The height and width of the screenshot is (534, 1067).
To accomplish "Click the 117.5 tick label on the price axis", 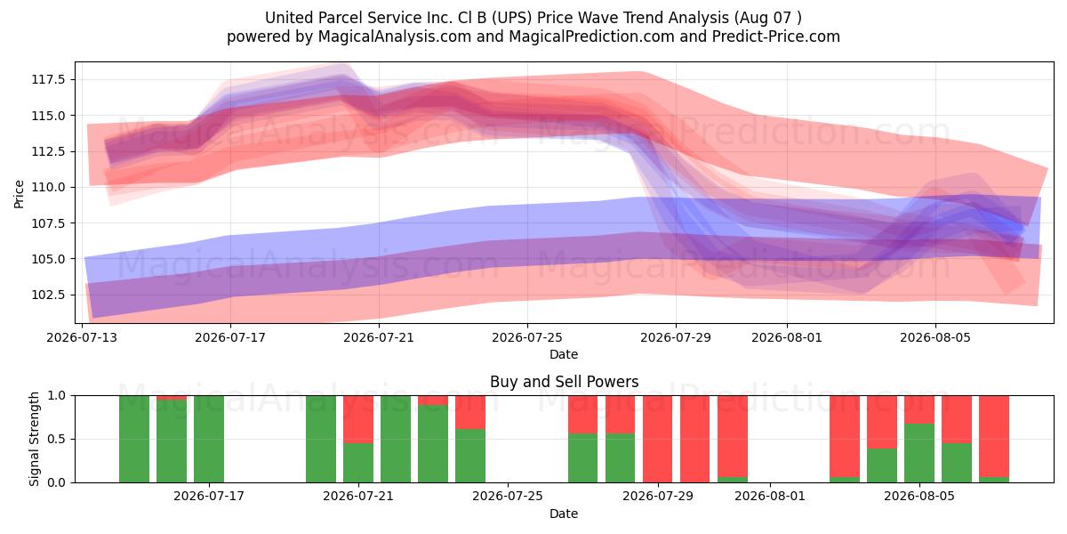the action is pos(48,79).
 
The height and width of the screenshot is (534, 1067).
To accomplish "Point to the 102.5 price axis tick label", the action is pos(48,295).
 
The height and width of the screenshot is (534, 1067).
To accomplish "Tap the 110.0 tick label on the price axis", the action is pos(48,187).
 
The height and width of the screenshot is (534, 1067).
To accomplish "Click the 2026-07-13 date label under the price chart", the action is pos(82,337).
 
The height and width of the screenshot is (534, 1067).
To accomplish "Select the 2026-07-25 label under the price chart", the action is pos(526,337).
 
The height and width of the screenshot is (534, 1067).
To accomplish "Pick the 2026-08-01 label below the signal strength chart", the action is pos(770,497).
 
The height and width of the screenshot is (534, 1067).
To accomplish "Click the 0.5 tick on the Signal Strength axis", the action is pos(57,439).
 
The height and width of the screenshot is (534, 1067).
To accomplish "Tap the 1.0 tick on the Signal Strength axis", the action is pos(57,395).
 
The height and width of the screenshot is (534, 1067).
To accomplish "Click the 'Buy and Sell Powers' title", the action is pos(564,382).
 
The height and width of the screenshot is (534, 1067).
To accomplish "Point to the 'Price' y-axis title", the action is pos(19,194).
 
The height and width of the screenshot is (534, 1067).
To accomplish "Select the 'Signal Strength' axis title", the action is pos(34,439).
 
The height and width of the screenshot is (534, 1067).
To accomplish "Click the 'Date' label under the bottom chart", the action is pos(564,514).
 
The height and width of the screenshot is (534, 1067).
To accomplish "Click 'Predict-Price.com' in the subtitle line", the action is pos(775,36).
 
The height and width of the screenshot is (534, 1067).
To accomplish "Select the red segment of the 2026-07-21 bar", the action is pos(358,419).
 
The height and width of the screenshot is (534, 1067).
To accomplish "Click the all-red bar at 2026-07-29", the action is pos(657,439).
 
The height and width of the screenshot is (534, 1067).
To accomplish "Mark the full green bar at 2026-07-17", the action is pos(209,439).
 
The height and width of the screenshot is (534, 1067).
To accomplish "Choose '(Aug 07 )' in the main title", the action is pos(768,18).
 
